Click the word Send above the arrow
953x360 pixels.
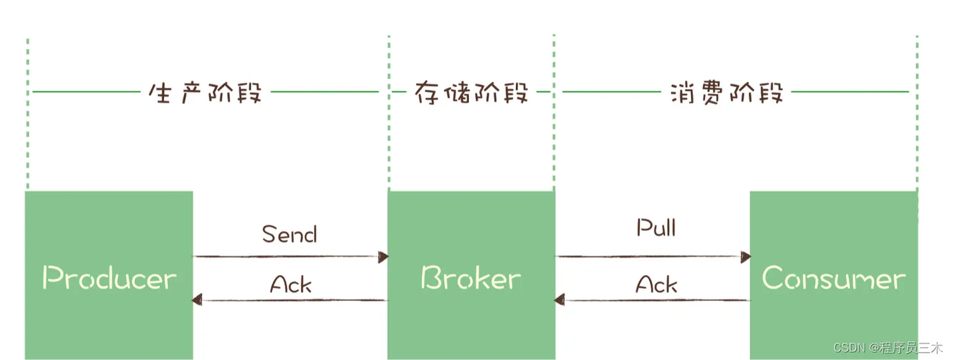tap(290, 235)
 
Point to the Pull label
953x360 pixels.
tap(656, 228)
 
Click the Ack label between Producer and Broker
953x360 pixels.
tap(291, 284)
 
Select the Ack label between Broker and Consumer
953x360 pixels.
tap(656, 284)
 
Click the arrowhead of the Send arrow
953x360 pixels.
tap(383, 257)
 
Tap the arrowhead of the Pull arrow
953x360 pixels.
tap(745, 257)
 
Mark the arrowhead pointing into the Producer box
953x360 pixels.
tap(197, 299)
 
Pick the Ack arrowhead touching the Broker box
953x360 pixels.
tap(560, 299)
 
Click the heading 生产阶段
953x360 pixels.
tap(205, 93)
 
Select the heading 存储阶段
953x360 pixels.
tap(471, 93)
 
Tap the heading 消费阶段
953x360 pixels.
tap(726, 93)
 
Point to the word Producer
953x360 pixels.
tap(109, 278)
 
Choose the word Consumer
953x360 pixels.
tap(833, 278)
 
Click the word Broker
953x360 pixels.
tap(471, 278)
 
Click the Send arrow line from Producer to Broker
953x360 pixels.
tap(286, 257)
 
